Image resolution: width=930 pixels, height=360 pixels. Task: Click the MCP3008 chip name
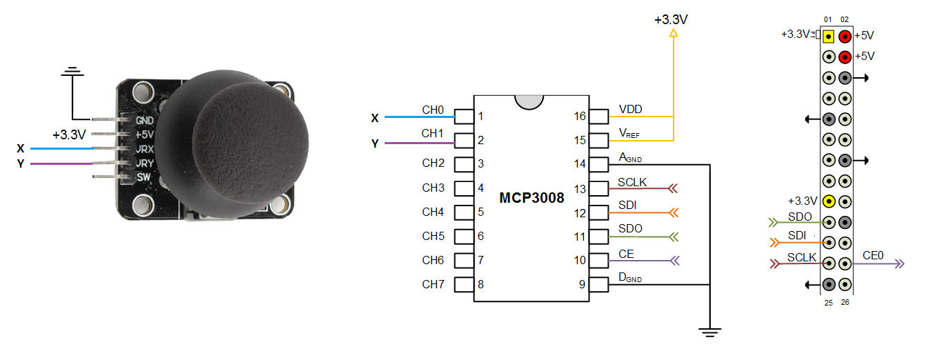tap(532, 198)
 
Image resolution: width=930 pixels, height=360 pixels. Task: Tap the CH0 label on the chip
tap(433, 109)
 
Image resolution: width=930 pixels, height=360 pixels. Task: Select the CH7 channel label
tap(433, 283)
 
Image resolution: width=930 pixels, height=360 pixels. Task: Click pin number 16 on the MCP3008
tap(580, 116)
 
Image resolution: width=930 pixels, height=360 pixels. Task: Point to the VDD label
tap(631, 109)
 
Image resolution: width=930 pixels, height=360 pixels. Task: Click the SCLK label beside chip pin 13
tap(632, 181)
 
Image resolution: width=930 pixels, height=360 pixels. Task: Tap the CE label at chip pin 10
tap(626, 254)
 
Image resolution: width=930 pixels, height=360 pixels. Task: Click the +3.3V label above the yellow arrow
tap(671, 19)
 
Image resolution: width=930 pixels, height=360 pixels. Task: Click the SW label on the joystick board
tap(143, 178)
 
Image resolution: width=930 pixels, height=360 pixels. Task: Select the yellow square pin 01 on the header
tap(829, 36)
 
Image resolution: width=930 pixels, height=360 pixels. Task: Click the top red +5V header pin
tap(845, 36)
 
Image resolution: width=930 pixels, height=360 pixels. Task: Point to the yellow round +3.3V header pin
tap(829, 201)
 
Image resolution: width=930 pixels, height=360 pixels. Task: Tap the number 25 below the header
tap(828, 302)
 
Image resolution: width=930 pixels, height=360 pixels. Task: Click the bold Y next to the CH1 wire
tap(374, 143)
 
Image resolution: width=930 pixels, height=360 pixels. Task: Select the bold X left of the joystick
tap(21, 148)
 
